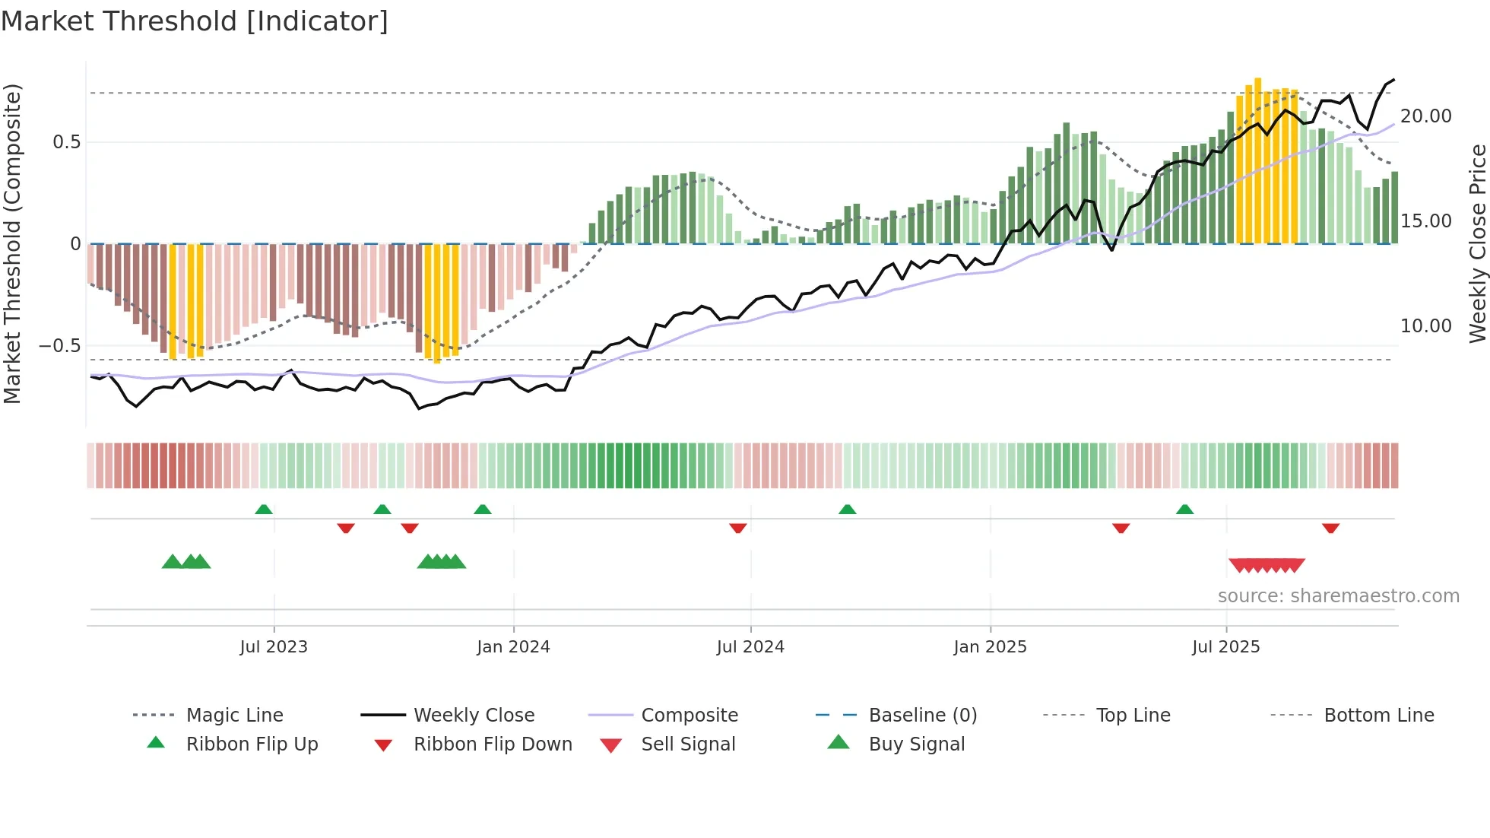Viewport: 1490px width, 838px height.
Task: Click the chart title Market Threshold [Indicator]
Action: coord(195,21)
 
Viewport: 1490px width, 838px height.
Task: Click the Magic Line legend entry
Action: coord(234,716)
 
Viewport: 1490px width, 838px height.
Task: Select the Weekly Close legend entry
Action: coord(474,716)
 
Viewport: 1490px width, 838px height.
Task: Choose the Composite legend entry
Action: coord(689,716)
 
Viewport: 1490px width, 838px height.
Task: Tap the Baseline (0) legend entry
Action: coord(922,716)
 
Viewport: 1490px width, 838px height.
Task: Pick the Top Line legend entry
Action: coord(1133,716)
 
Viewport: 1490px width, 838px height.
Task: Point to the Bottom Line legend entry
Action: coord(1378,716)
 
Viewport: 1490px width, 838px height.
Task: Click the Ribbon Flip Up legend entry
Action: coord(252,744)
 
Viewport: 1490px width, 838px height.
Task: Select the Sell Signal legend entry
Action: coord(688,744)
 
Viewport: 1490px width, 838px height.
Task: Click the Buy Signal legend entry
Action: coord(916,744)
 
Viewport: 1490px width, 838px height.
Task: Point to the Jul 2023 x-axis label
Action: coord(274,647)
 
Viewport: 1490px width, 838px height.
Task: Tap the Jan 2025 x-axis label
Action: coord(990,647)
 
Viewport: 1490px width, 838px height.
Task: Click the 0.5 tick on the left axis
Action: coord(66,142)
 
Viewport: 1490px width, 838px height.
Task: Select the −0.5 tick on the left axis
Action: coord(60,346)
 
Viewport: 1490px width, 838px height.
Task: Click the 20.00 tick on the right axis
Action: coord(1425,116)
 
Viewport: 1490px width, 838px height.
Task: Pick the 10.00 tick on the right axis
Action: coord(1425,326)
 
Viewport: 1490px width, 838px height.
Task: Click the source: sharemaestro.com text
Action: coord(1338,596)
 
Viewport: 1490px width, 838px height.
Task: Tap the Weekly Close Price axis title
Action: coord(1477,243)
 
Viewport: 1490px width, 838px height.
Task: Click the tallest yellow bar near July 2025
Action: coord(1258,160)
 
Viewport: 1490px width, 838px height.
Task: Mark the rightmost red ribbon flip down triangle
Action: coord(1330,528)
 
